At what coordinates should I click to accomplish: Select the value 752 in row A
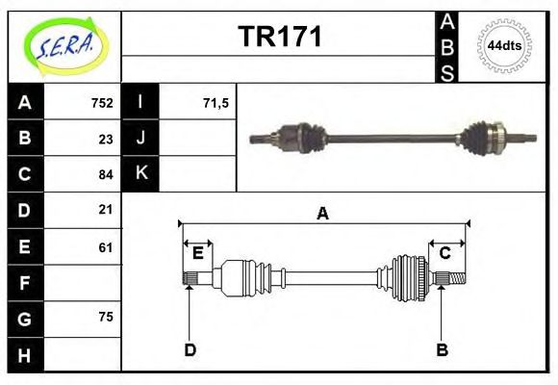tap(102, 102)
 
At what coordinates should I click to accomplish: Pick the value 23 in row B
tap(106, 138)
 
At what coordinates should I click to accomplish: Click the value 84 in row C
tap(106, 174)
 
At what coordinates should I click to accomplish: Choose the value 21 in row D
tap(106, 209)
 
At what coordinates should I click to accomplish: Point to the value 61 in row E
tap(106, 246)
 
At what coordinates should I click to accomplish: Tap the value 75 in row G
tap(106, 317)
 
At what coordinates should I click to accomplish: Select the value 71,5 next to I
tap(216, 102)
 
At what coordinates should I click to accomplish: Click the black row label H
tap(25, 354)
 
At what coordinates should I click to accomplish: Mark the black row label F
tap(25, 283)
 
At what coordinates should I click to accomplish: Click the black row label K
tap(141, 173)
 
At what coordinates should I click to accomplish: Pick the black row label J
tap(141, 138)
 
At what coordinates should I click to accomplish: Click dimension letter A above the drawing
tap(323, 214)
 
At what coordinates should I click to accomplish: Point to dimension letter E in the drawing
tap(198, 253)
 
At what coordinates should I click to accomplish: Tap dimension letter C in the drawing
tap(445, 253)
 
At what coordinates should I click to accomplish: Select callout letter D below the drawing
tap(190, 350)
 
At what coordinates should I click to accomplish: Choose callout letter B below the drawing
tap(443, 350)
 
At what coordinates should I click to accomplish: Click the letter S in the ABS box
tap(447, 71)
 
